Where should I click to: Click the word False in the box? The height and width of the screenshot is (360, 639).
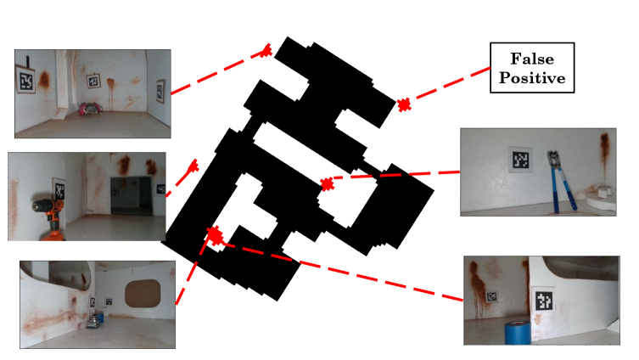(x=532, y=59)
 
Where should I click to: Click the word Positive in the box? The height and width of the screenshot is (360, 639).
(x=532, y=77)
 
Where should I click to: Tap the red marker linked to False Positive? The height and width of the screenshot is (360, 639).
(x=404, y=104)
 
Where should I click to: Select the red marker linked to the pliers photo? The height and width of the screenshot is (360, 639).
(x=327, y=184)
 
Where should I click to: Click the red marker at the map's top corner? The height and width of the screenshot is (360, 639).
(x=266, y=51)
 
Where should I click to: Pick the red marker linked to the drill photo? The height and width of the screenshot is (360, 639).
(x=193, y=166)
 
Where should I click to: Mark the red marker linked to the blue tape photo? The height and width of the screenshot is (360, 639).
(x=215, y=235)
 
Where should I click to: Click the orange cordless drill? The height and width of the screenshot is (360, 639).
(x=50, y=219)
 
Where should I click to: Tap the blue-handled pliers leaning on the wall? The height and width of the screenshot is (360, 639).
(x=560, y=182)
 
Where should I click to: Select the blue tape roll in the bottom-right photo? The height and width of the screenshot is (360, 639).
(x=518, y=332)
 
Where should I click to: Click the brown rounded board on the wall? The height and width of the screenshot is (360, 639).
(x=143, y=293)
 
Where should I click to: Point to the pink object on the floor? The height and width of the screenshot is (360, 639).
(x=91, y=108)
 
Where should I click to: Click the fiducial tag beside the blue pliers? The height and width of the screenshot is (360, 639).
(x=520, y=160)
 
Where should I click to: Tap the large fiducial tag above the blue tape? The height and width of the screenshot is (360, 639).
(x=545, y=301)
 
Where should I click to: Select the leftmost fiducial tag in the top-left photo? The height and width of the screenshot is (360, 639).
(x=25, y=81)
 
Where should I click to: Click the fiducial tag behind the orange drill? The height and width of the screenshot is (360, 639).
(x=59, y=188)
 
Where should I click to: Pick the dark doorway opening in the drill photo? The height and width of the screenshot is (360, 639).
(x=132, y=195)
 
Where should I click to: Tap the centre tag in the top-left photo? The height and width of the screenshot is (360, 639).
(x=93, y=81)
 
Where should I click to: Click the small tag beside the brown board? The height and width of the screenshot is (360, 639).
(x=109, y=301)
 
